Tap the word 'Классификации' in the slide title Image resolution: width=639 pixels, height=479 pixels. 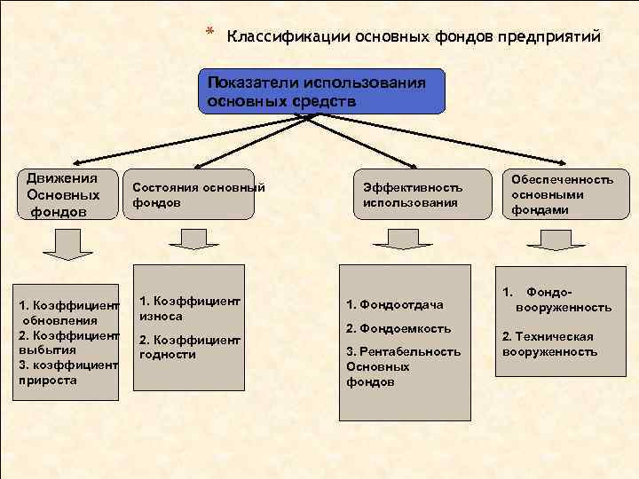point(288,37)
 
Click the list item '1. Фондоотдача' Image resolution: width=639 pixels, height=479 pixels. point(395,305)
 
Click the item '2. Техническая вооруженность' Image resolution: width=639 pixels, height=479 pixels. point(548,343)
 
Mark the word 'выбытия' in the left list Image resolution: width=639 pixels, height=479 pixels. point(43,349)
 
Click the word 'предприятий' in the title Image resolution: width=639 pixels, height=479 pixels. point(550,37)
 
